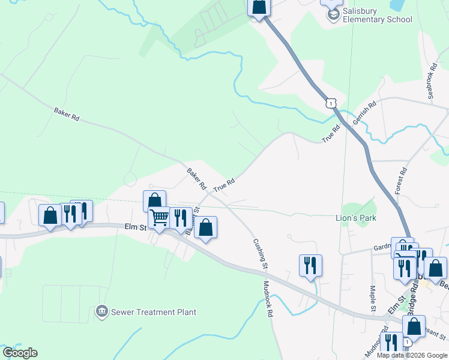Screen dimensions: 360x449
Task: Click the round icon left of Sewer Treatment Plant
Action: (x=101, y=311)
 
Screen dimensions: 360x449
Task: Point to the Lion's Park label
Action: (x=355, y=218)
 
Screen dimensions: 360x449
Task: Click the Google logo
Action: (x=20, y=353)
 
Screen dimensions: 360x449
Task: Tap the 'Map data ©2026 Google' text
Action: (x=412, y=355)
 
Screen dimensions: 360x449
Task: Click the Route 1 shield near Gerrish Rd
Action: (x=331, y=103)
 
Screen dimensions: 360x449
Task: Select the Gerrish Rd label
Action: (x=364, y=112)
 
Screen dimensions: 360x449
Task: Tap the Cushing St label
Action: (x=259, y=253)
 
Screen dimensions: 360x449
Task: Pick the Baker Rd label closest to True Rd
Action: (x=196, y=176)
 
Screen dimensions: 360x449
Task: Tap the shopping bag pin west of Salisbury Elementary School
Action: (x=259, y=7)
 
